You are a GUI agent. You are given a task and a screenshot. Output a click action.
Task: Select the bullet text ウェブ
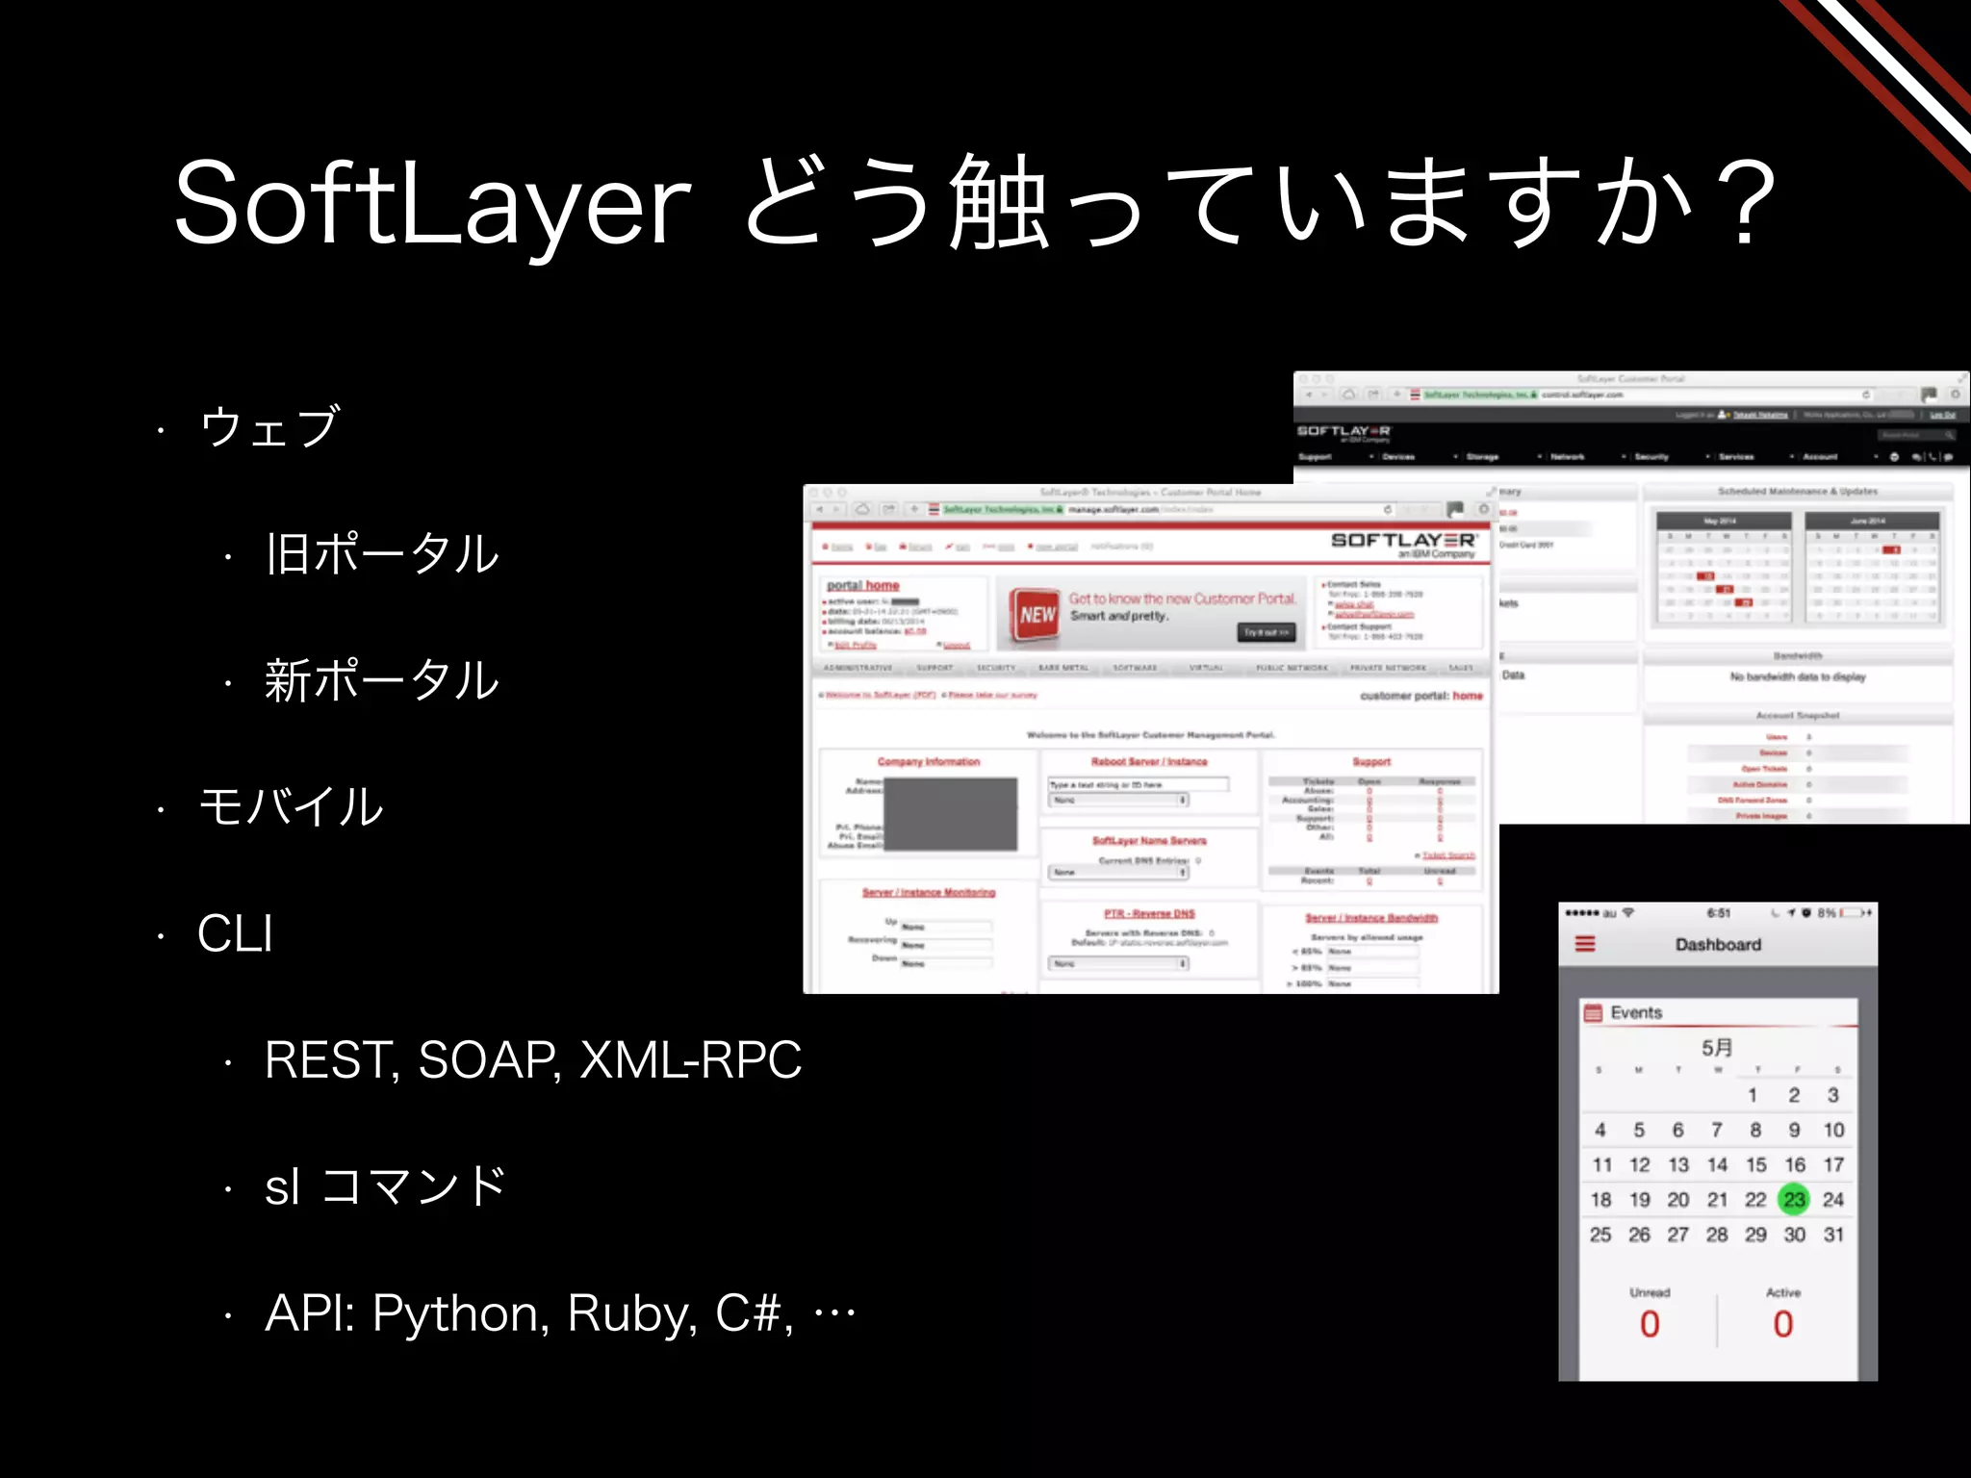pyautogui.click(x=269, y=426)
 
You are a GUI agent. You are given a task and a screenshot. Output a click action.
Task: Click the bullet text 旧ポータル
pyautogui.click(x=382, y=553)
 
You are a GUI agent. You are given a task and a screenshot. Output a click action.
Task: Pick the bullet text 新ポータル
pyautogui.click(x=382, y=680)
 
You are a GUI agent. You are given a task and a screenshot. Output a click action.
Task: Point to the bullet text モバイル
pyautogui.click(x=291, y=806)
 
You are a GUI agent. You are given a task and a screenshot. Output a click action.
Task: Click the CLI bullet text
pyautogui.click(x=235, y=933)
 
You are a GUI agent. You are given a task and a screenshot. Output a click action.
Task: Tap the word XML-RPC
pyautogui.click(x=690, y=1060)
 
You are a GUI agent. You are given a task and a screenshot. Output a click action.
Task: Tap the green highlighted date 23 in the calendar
pyautogui.click(x=1794, y=1200)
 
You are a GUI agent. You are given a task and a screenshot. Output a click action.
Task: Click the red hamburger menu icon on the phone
pyautogui.click(x=1585, y=944)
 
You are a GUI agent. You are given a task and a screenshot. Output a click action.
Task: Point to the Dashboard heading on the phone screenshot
pyautogui.click(x=1718, y=945)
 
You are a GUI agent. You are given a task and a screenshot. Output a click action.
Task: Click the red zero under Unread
pyautogui.click(x=1650, y=1325)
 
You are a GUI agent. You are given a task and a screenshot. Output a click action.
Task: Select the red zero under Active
pyautogui.click(x=1783, y=1325)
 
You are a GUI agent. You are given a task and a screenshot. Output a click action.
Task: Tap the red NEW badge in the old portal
pyautogui.click(x=1037, y=614)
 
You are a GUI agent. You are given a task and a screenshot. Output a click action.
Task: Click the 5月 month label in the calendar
pyautogui.click(x=1717, y=1048)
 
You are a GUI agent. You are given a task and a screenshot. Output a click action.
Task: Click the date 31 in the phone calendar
pyautogui.click(x=1833, y=1235)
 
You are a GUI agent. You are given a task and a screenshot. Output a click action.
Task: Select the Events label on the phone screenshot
pyautogui.click(x=1636, y=1012)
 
